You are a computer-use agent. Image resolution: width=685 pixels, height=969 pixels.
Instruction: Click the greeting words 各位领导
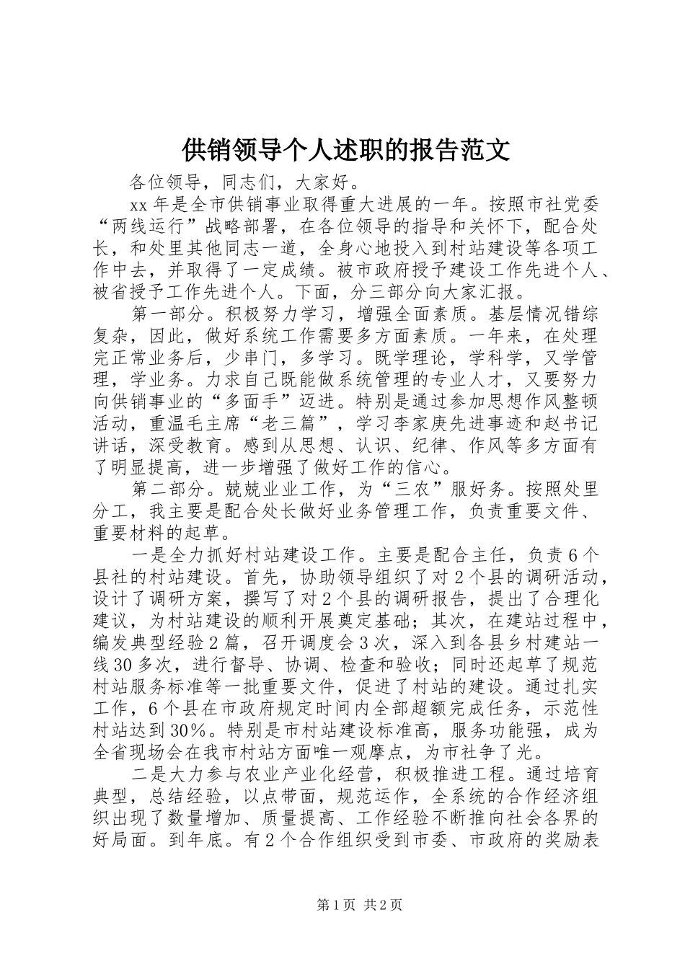point(167,180)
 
